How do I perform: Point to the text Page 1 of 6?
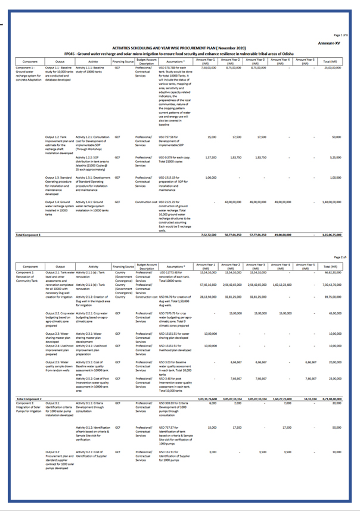[x=341, y=36]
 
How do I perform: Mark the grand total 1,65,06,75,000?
[x=331, y=235]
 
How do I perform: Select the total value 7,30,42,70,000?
[x=332, y=285]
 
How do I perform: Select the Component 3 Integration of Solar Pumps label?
[x=27, y=405]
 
